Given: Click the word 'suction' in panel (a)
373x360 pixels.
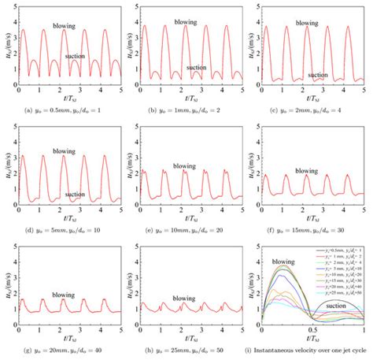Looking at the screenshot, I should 83,57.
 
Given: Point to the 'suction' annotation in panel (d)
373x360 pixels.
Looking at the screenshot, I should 75,195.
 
